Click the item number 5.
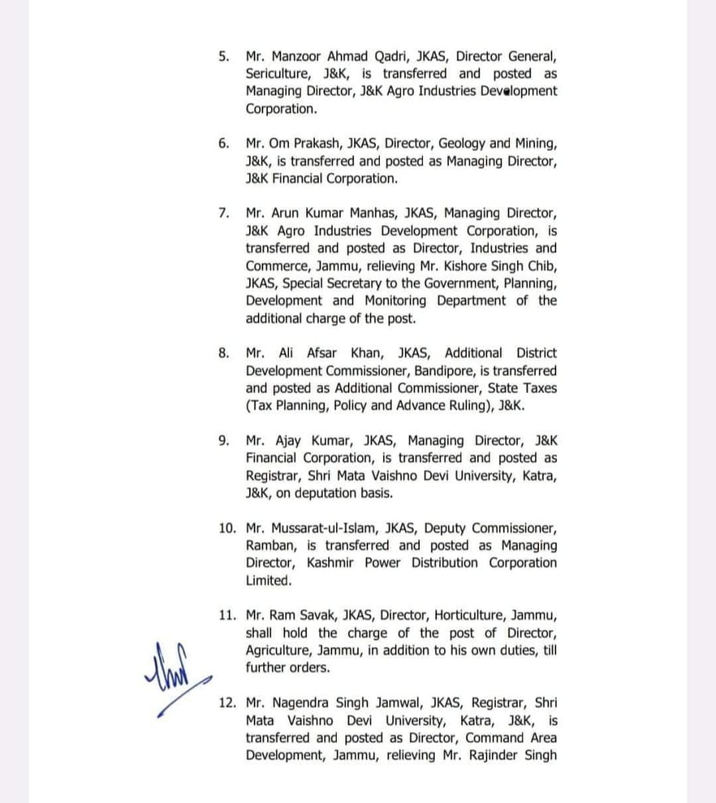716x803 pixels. (224, 56)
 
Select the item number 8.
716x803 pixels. (224, 354)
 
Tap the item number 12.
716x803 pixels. (227, 703)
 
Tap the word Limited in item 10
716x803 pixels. (268, 580)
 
